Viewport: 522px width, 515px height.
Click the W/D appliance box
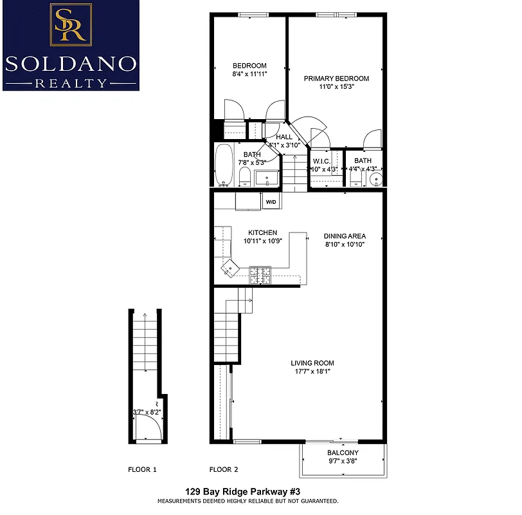[271, 202]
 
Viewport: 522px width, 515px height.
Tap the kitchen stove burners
[261, 275]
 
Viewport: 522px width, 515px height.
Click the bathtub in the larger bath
[224, 165]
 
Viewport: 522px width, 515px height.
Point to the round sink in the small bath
[374, 179]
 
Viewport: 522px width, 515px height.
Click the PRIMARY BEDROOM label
[336, 79]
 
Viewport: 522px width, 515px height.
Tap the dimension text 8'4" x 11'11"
[249, 74]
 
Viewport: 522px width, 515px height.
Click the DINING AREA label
[344, 236]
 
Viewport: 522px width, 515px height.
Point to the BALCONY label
[342, 453]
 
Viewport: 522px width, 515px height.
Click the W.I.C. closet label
[321, 161]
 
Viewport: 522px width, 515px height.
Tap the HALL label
[284, 137]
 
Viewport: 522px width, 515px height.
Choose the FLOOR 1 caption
[142, 469]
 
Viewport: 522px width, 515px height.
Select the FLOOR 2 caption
[224, 469]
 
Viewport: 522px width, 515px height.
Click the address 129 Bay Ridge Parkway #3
[248, 491]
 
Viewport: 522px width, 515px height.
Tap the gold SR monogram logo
[71, 24]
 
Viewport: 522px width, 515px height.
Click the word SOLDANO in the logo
[71, 63]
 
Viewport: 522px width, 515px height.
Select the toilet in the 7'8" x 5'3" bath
[244, 176]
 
